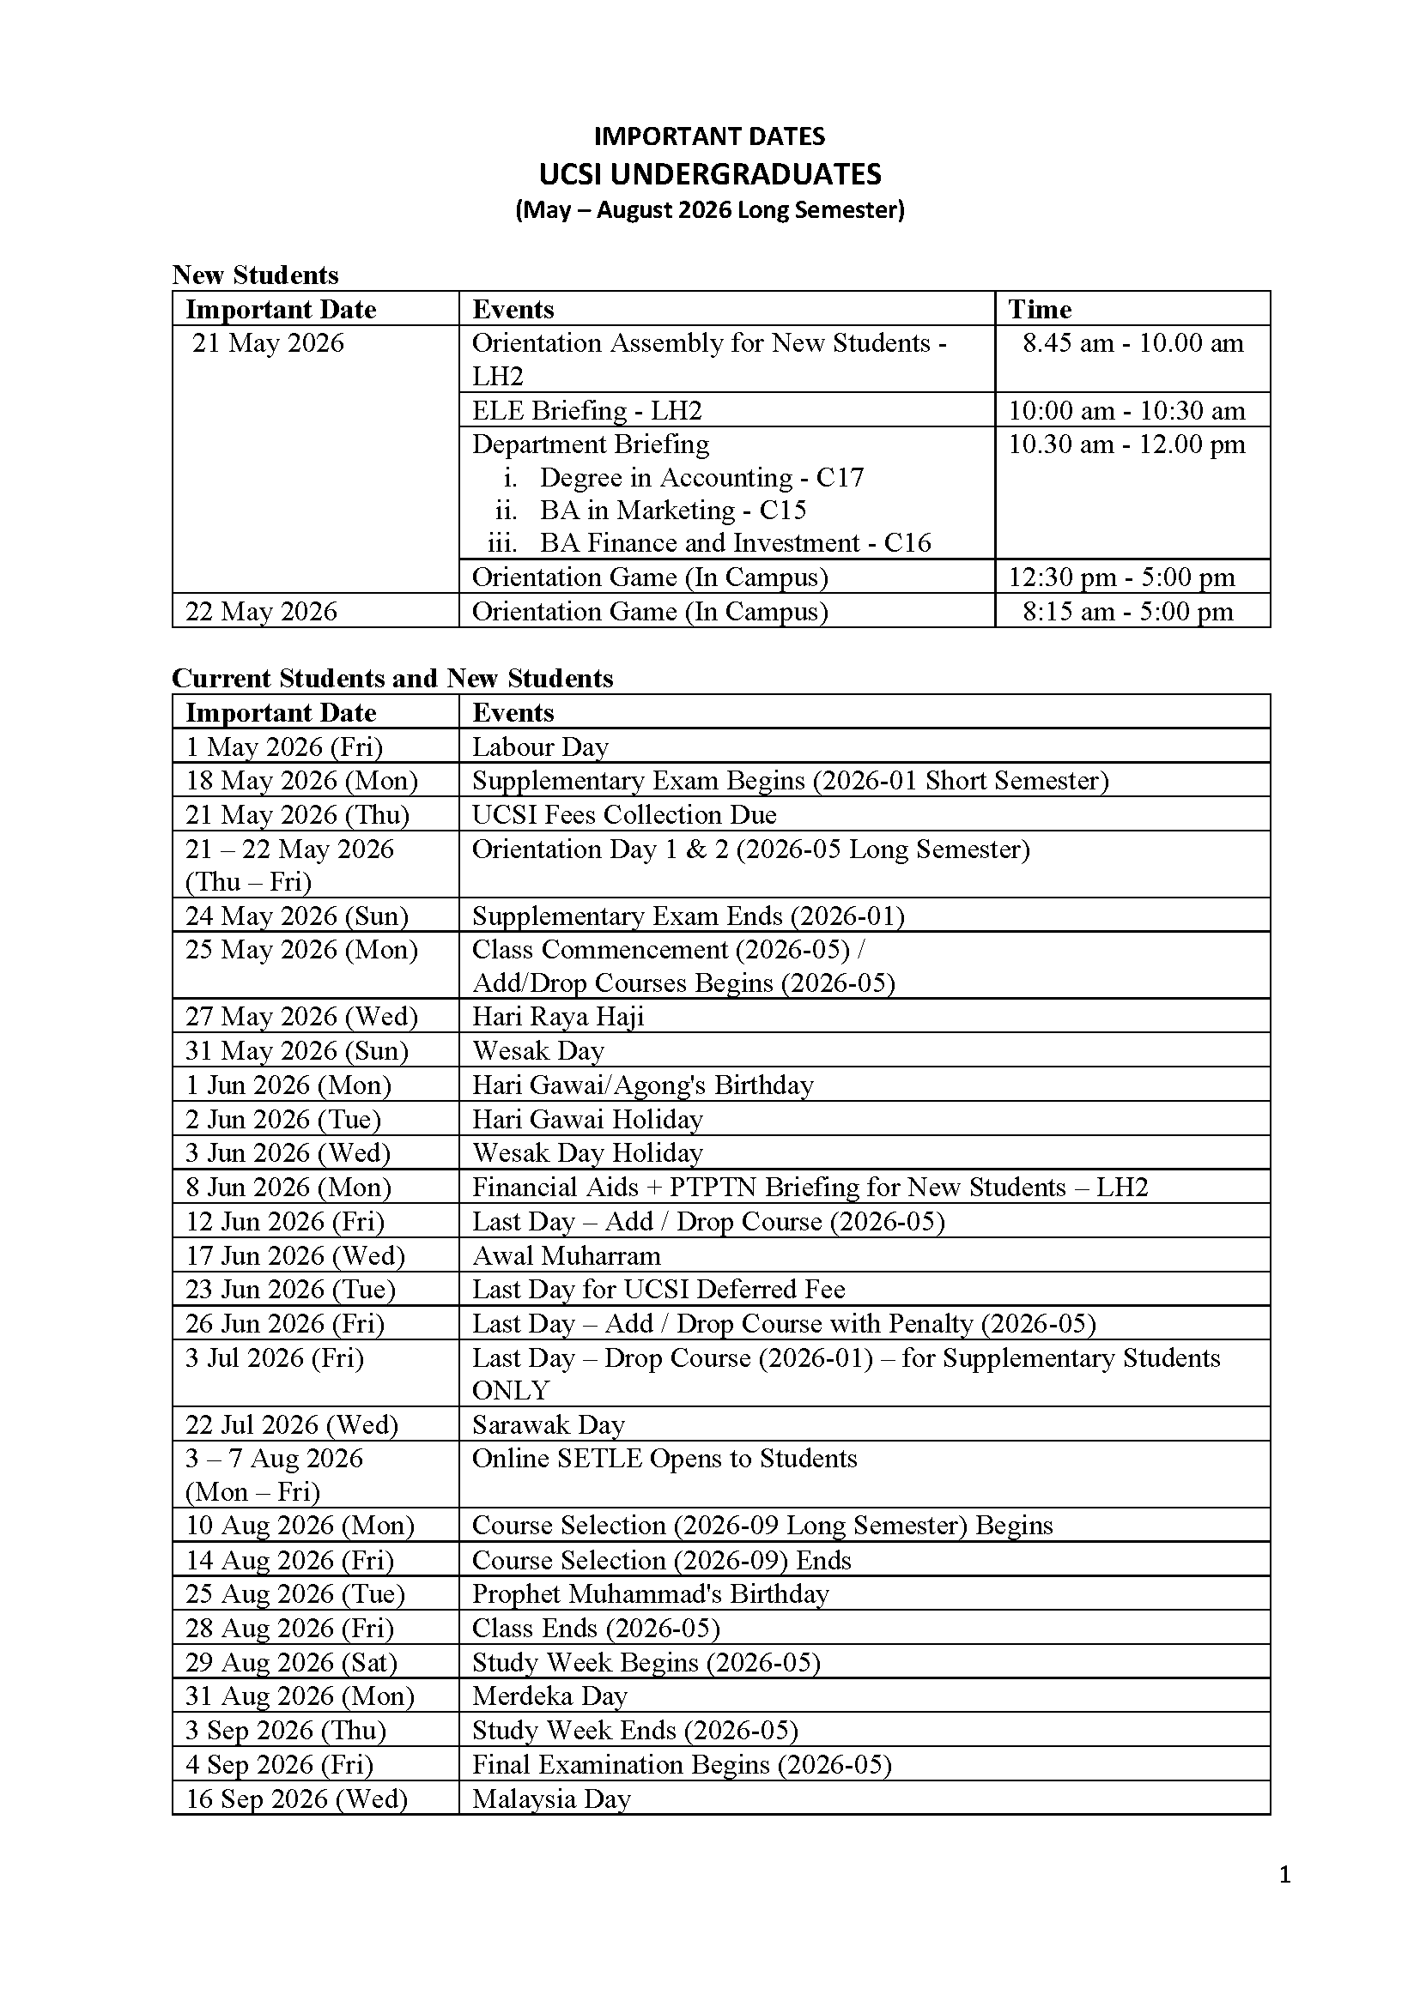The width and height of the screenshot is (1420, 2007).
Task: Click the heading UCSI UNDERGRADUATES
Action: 709,174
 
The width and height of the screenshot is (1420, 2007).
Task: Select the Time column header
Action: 1039,310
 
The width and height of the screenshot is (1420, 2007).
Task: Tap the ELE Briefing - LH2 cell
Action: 586,410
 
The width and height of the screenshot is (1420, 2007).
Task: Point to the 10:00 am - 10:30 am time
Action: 1126,410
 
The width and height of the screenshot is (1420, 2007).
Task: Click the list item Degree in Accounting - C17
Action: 701,477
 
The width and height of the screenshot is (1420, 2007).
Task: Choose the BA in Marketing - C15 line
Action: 672,510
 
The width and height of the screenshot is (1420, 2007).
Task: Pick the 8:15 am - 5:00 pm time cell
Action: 1127,611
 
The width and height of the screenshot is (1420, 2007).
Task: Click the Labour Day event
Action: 539,747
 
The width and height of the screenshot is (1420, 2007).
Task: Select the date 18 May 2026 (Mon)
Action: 300,781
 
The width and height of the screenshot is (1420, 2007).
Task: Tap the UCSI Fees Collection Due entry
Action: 623,814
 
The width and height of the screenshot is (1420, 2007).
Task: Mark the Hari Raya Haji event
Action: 558,1017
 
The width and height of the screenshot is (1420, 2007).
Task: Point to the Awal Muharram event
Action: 566,1256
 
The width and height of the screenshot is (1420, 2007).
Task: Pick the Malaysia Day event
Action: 551,1799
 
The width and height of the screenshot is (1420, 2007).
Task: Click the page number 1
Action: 1284,1874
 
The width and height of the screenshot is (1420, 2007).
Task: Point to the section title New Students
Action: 254,275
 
